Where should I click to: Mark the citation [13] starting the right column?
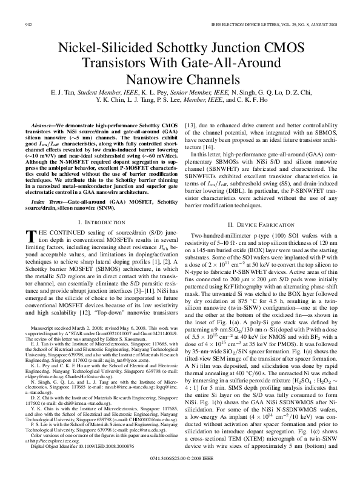(189, 124)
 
